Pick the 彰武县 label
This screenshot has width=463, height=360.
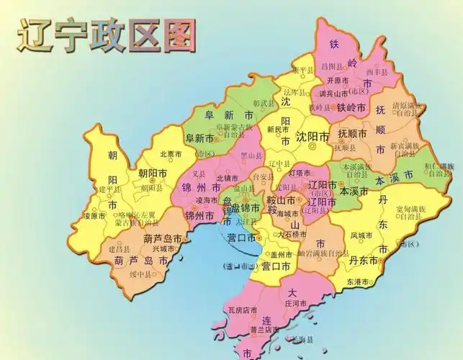click(264, 104)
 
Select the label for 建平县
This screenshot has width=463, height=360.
click(112, 189)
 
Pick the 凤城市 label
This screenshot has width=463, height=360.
click(361, 235)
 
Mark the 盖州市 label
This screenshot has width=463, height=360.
click(281, 254)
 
